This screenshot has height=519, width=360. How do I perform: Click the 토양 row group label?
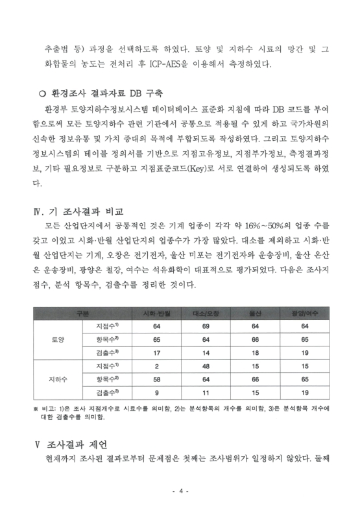click(x=57, y=339)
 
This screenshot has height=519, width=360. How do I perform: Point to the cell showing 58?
click(x=157, y=379)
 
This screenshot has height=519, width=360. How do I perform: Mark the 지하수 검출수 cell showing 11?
click(x=206, y=392)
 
